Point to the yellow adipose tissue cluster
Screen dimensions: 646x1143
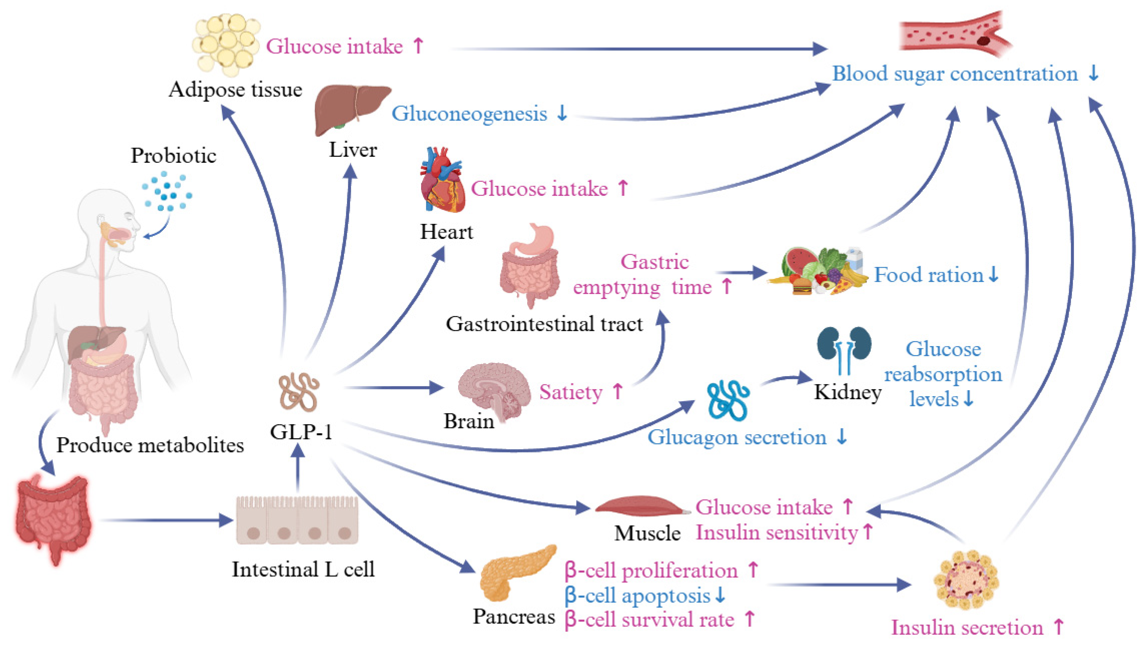[x=226, y=44]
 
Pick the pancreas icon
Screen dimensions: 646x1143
[x=515, y=573]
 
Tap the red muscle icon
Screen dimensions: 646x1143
[x=639, y=506]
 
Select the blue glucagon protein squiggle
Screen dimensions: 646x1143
[x=728, y=400]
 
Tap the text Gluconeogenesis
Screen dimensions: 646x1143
[x=469, y=114]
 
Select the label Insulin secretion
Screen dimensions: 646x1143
[x=967, y=627]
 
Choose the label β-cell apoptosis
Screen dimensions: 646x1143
[x=638, y=595]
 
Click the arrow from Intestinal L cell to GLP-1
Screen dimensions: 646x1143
[x=298, y=471]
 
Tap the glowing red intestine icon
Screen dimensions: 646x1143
[x=53, y=519]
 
